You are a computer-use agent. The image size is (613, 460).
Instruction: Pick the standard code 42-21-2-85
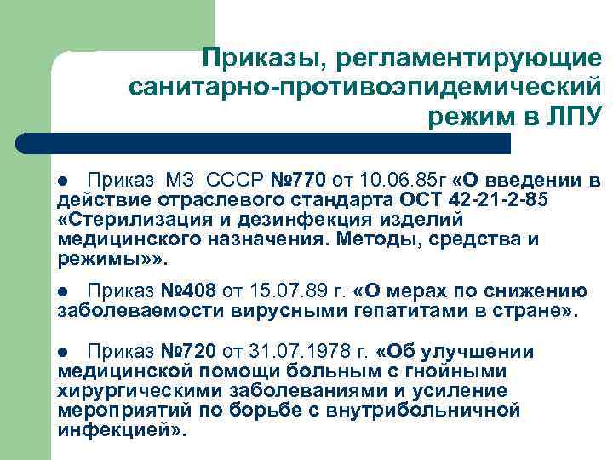click(x=480, y=200)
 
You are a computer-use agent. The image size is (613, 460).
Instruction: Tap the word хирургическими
click(x=141, y=391)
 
